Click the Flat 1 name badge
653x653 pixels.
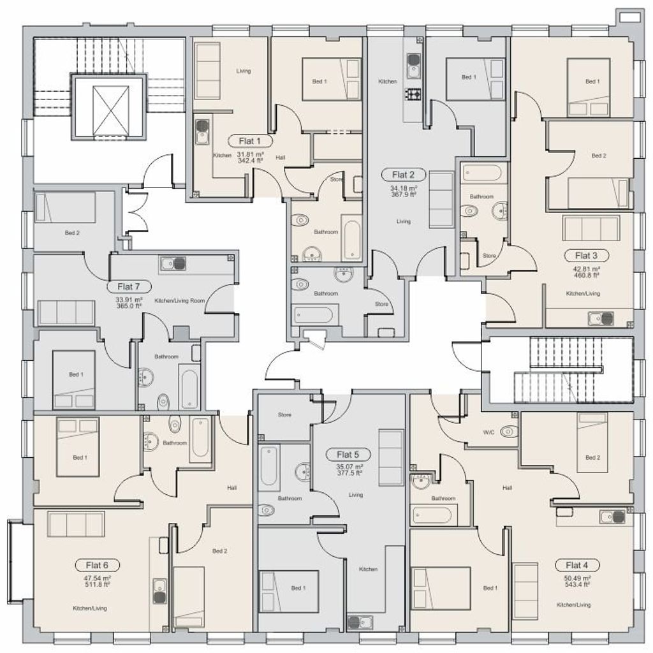250,141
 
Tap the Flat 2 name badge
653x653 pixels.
403,175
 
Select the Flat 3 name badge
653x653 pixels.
586,255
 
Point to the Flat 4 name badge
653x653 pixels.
576,565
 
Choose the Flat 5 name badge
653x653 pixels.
348,454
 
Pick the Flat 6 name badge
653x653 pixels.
97,565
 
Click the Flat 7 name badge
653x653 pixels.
128,286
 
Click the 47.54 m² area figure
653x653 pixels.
97,578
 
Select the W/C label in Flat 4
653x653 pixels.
488,432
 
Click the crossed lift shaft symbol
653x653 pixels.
111,111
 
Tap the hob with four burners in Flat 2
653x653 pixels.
413,96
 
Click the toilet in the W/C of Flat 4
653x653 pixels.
509,432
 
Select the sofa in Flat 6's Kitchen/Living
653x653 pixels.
76,524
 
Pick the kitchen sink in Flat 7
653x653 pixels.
173,263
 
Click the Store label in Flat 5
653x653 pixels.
285,415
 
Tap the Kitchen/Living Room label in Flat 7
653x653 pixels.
179,300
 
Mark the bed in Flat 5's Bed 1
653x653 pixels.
289,591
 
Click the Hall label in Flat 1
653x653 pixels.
281,158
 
